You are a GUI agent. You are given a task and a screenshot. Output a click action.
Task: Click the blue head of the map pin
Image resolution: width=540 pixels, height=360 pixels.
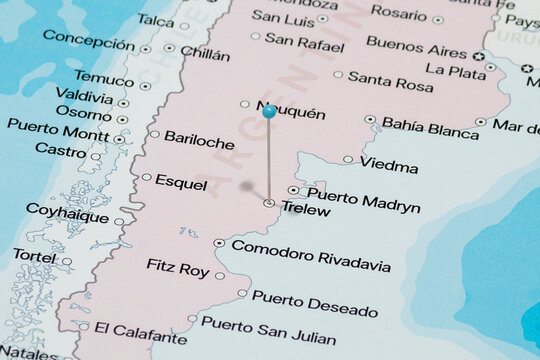coord(268,111)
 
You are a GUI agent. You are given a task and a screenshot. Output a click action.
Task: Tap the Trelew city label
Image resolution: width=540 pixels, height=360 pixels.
coord(306,208)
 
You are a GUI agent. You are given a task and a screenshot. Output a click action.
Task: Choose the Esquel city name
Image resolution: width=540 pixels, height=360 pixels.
coord(181,183)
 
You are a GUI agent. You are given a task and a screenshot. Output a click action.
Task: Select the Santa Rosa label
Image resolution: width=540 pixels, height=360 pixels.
coord(390,82)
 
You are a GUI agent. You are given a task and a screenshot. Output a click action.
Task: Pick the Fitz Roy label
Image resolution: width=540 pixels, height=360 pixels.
coord(178,269)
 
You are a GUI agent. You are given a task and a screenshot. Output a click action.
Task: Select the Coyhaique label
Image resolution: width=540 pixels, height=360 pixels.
coord(67,212)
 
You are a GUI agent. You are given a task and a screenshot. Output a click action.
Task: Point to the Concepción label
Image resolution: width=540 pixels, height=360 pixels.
coord(88,43)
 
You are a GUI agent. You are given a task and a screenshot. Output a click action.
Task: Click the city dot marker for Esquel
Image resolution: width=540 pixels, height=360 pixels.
coord(147,177)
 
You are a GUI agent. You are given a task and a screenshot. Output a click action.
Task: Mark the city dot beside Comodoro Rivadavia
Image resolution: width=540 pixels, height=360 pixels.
coord(219,243)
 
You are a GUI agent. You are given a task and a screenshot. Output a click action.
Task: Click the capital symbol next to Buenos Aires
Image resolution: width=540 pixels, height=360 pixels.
coord(479,56)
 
